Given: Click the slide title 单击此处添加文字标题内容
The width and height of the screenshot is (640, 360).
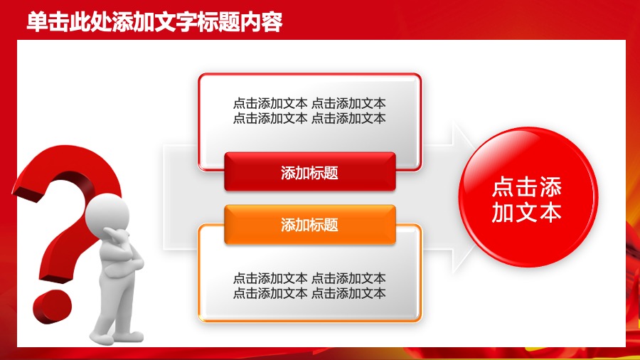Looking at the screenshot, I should (x=154, y=22).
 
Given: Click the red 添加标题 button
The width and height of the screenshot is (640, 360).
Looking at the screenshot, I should (x=309, y=172).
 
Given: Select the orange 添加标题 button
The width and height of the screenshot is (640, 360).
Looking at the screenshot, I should (x=309, y=225).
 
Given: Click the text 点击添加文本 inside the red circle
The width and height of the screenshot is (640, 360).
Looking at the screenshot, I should (x=527, y=199).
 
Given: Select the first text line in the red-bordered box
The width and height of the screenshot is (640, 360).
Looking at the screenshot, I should (x=309, y=103).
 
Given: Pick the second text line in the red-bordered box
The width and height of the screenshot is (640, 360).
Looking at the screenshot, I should (x=309, y=118).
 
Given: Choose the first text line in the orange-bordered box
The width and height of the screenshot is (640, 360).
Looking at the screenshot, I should (x=309, y=278).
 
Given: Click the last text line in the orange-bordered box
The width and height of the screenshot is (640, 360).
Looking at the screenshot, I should (x=309, y=293).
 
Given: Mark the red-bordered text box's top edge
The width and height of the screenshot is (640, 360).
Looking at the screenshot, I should (x=309, y=74).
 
